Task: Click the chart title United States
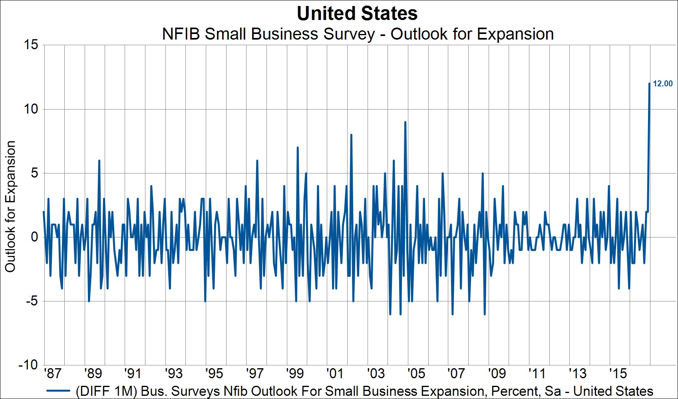(x=357, y=14)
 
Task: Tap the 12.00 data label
(x=662, y=84)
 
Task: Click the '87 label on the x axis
(x=53, y=373)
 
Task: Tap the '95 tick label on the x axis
(x=214, y=373)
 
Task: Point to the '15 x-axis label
(x=618, y=373)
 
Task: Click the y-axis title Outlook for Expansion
(x=10, y=206)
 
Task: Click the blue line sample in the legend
(x=58, y=391)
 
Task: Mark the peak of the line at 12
(x=649, y=84)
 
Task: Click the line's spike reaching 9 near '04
(x=405, y=122)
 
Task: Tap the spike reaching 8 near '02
(x=351, y=135)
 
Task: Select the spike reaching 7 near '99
(x=298, y=148)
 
